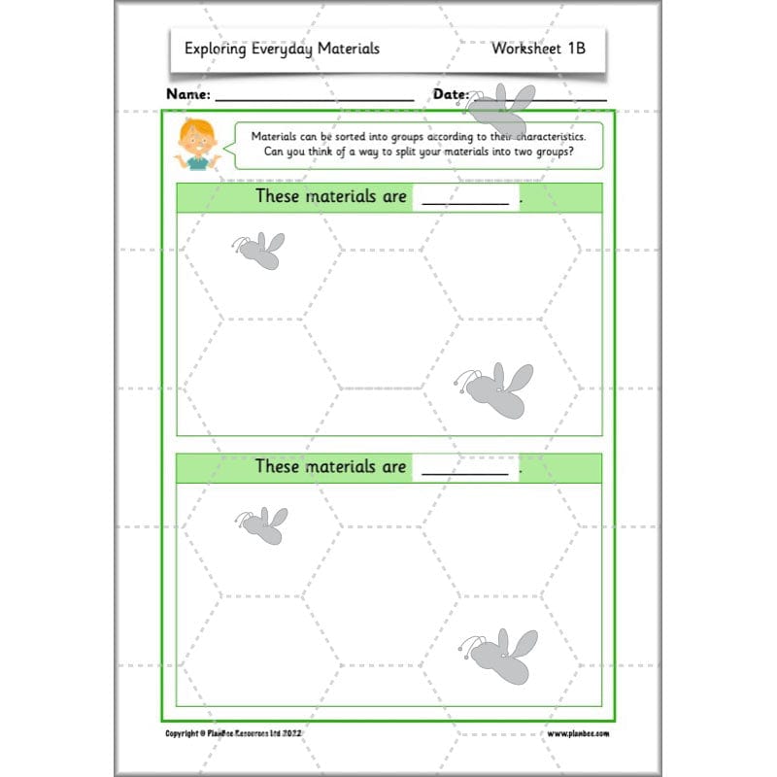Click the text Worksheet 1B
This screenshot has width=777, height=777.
538,48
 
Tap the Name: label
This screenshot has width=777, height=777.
188,94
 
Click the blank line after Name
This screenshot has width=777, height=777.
314,99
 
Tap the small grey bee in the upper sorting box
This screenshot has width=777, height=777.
259,250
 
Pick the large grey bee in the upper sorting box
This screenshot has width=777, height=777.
495,388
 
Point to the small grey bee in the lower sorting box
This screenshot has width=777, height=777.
261,524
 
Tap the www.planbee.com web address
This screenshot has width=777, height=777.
578,733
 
